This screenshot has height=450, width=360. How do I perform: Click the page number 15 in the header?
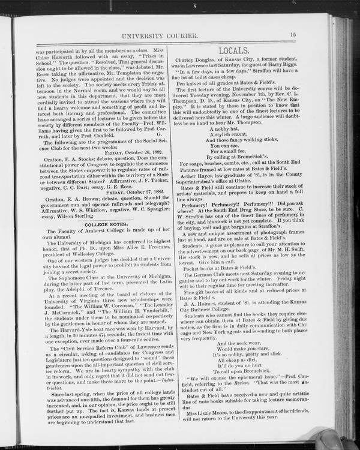pyautogui.click(x=293, y=35)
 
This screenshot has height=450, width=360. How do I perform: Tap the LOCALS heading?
pyautogui.click(x=233, y=51)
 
